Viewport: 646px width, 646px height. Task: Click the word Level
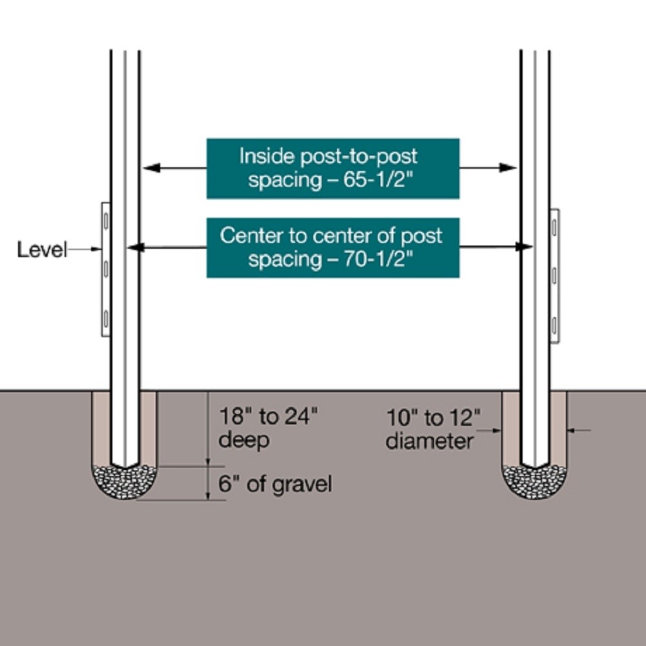pyautogui.click(x=41, y=249)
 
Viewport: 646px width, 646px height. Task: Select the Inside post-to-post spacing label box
pyautogui.click(x=333, y=169)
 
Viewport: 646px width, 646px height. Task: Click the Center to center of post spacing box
pyautogui.click(x=333, y=247)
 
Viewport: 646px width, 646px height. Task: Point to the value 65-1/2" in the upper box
pyautogui.click(x=378, y=180)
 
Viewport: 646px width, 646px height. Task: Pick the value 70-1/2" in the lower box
pyautogui.click(x=378, y=259)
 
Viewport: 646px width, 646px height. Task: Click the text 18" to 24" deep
pyautogui.click(x=268, y=428)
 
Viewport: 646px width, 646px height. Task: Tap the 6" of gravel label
pyautogui.click(x=275, y=484)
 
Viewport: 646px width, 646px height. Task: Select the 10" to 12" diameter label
pyautogui.click(x=433, y=430)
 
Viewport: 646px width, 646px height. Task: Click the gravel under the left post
pyautogui.click(x=124, y=482)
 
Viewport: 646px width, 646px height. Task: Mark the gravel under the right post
pyautogui.click(x=534, y=482)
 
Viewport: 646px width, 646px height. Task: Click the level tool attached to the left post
pyautogui.click(x=106, y=269)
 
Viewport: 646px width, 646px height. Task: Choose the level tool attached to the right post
pyautogui.click(x=554, y=276)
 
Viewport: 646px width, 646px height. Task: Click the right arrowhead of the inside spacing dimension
pyautogui.click(x=508, y=168)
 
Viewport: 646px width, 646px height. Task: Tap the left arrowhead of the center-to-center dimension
pyautogui.click(x=135, y=247)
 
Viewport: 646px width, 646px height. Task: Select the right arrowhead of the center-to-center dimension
pyautogui.click(x=524, y=247)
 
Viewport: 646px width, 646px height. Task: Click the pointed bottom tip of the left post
pyautogui.click(x=125, y=468)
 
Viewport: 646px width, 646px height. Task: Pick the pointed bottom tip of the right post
pyautogui.click(x=535, y=468)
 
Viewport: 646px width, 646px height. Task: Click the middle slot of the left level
pyautogui.click(x=106, y=269)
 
